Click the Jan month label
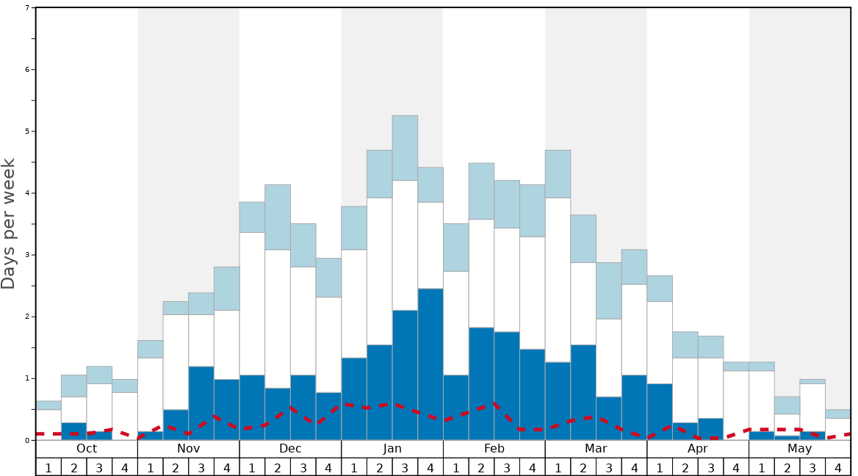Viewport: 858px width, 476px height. point(392,449)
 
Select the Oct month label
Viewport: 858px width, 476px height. point(87,449)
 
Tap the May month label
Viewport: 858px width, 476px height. point(800,449)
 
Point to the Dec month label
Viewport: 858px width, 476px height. point(290,449)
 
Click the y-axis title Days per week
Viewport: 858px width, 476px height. point(9,223)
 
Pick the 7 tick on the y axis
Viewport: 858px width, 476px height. point(27,8)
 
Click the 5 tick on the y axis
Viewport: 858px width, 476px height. point(27,131)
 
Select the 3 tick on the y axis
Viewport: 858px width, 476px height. point(27,255)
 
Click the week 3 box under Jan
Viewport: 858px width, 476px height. point(405,467)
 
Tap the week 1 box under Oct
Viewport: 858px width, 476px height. point(48,467)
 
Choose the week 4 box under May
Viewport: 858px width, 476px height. point(838,467)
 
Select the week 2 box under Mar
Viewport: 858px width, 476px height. point(583,467)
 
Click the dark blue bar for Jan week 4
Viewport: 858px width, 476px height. point(430,364)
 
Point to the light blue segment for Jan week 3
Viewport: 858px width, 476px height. point(405,148)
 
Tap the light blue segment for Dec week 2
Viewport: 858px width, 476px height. point(278,217)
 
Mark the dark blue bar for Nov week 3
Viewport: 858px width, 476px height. point(201,403)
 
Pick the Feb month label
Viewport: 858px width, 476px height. point(494,449)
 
